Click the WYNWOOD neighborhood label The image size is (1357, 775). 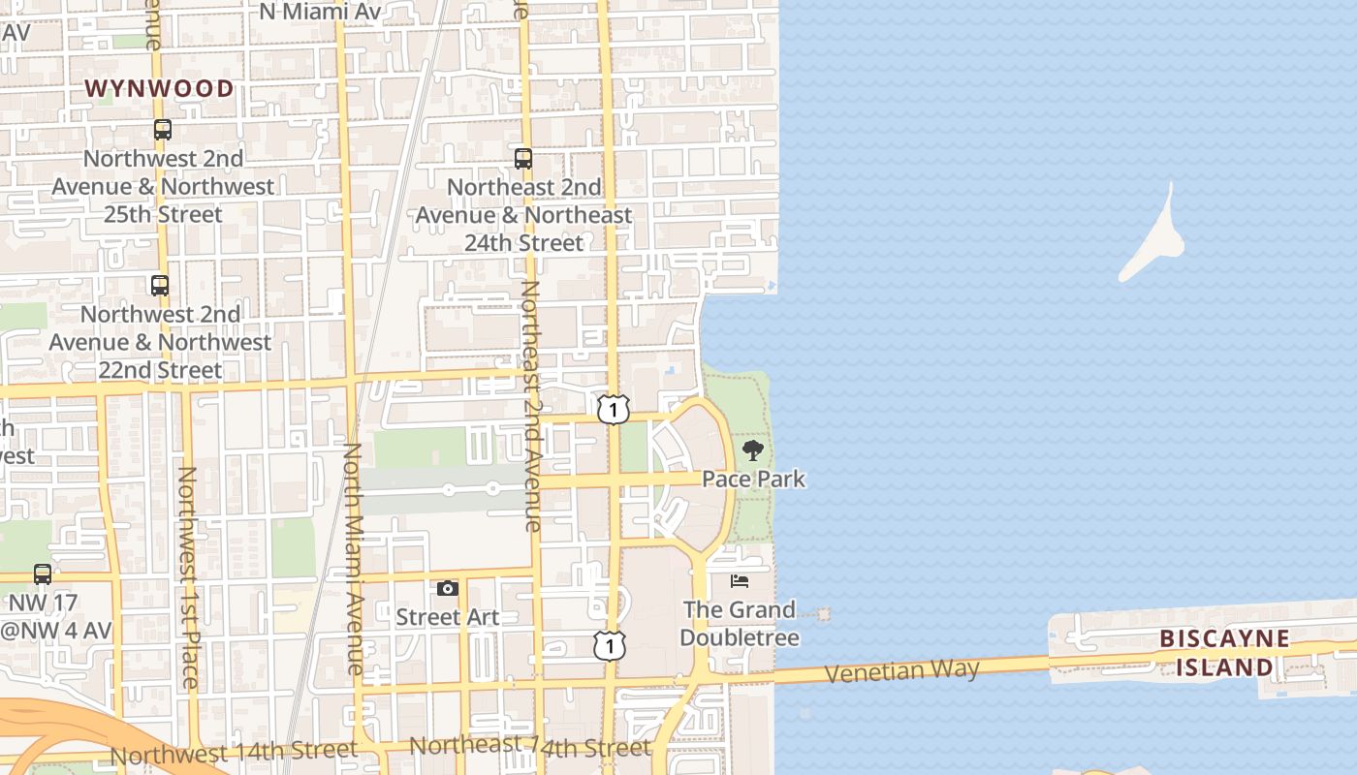click(x=159, y=88)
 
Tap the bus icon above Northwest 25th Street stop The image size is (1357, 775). click(x=162, y=129)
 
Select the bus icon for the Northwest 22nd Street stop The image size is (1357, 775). click(x=160, y=286)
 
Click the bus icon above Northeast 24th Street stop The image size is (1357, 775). click(x=523, y=158)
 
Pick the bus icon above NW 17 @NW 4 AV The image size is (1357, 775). click(x=43, y=573)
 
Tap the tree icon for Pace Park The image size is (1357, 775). click(x=752, y=449)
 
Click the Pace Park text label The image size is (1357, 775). click(x=753, y=479)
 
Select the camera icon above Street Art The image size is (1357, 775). click(x=447, y=588)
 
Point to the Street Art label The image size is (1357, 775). click(x=448, y=617)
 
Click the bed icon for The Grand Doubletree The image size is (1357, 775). click(x=740, y=581)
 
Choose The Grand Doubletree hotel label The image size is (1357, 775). click(x=740, y=623)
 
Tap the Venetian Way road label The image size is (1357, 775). click(x=901, y=670)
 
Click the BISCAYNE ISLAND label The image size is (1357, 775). click(x=1225, y=652)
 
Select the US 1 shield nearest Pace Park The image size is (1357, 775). click(x=614, y=410)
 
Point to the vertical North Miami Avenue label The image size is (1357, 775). click(x=353, y=559)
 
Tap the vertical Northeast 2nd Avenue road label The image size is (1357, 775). click(x=531, y=407)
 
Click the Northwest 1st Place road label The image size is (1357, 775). click(x=188, y=577)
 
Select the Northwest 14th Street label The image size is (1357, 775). click(x=234, y=752)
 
